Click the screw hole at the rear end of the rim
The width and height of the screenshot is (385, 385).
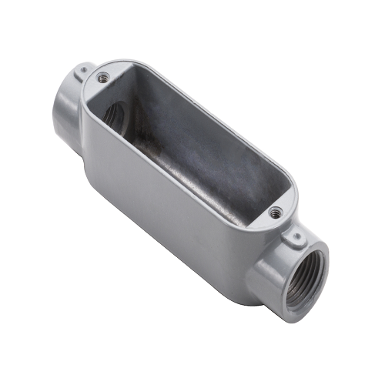tap(102, 75)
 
